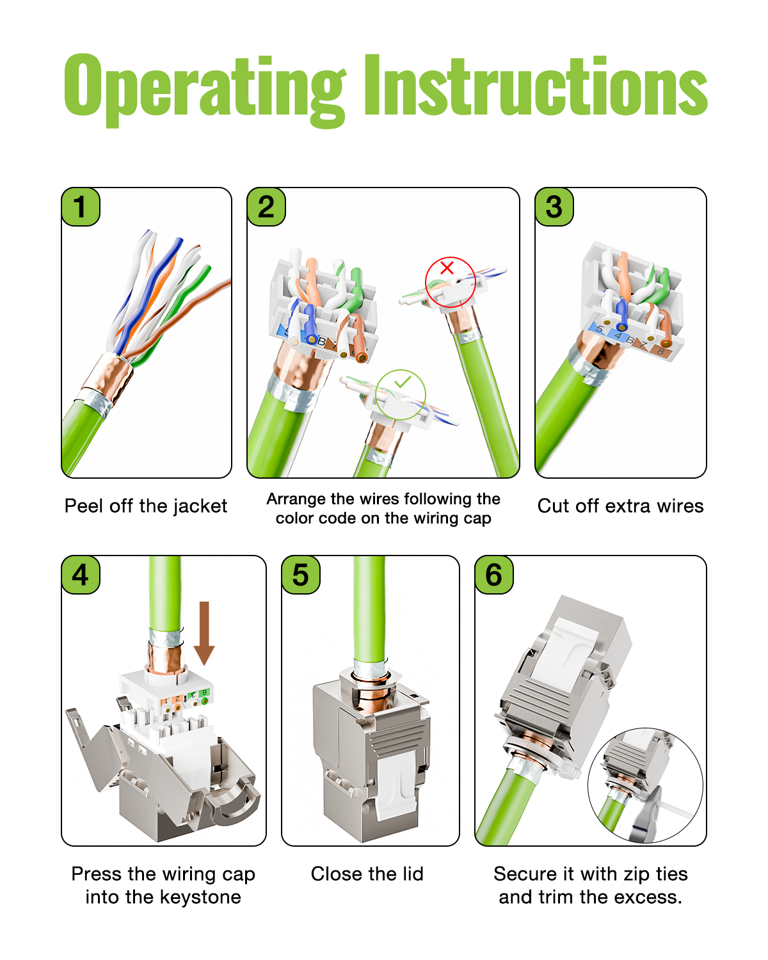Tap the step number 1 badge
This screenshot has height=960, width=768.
click(x=81, y=207)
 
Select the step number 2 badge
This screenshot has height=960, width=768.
click(x=266, y=207)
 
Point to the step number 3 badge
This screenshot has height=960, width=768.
click(x=554, y=207)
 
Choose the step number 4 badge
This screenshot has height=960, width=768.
click(x=81, y=575)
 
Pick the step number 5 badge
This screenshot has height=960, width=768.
click(x=301, y=575)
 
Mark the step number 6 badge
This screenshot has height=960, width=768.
click(x=494, y=575)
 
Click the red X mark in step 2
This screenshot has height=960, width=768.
click(x=447, y=268)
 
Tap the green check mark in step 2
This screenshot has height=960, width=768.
click(x=403, y=383)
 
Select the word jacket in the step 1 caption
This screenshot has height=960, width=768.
click(x=199, y=506)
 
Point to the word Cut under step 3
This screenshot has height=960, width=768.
click(x=553, y=506)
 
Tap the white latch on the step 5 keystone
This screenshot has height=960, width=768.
click(x=397, y=784)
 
